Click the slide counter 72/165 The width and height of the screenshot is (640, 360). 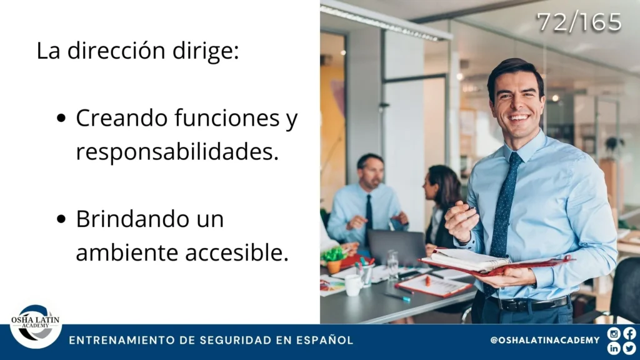579,22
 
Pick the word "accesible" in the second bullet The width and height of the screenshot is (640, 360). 234,252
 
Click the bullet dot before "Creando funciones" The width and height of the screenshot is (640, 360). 61,118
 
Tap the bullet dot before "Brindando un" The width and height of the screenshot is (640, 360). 61,219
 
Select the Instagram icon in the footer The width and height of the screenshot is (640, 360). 614,334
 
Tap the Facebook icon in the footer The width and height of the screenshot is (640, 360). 629,334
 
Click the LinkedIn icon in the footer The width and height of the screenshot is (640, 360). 614,348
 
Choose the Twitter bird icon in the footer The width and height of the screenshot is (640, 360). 629,348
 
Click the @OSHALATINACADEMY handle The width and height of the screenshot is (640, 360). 545,340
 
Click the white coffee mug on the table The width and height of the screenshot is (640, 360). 354,284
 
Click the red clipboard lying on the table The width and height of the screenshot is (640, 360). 434,285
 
